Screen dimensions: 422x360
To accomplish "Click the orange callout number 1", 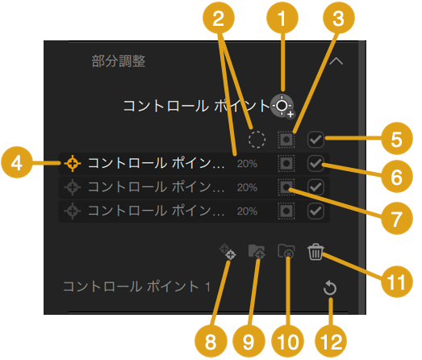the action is (282, 18).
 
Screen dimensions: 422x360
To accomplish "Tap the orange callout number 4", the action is (17, 162).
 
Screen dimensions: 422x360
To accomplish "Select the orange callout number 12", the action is (331, 341).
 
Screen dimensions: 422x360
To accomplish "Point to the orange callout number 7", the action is (397, 219).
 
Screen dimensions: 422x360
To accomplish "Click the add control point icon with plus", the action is (282, 106).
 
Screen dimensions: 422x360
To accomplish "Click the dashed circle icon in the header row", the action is (257, 140).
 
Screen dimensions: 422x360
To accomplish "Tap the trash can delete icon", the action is (315, 252).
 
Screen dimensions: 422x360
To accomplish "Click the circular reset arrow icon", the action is (330, 288).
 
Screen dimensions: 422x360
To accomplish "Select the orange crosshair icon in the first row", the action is (73, 163).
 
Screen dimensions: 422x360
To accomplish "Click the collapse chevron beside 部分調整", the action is (336, 61).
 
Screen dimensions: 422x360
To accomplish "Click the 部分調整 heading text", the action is (119, 61).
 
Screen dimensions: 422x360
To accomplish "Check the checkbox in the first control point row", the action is (315, 163).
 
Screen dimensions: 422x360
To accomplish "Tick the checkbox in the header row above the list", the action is (315, 140).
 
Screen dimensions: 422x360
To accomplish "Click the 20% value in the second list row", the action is (247, 187).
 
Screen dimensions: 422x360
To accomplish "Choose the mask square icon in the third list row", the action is (286, 211).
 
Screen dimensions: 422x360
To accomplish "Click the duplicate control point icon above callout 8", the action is (228, 252).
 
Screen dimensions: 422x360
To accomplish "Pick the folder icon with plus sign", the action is (257, 252).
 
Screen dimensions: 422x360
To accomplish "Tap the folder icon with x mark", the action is (286, 252).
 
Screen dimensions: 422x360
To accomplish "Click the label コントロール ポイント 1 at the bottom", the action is (136, 287).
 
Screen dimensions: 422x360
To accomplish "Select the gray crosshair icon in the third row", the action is (73, 211).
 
